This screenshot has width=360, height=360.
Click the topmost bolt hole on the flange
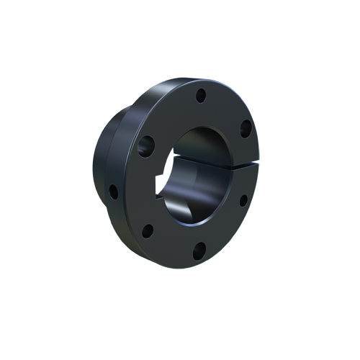tap(201, 94)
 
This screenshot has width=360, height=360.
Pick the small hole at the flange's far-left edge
tap(113, 192)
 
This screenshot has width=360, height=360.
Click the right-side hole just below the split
tap(243, 200)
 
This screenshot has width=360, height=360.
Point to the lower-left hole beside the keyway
tap(147, 231)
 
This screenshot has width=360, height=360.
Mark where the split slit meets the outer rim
tap(256, 166)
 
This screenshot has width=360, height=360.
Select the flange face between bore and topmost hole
tap(197, 113)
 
